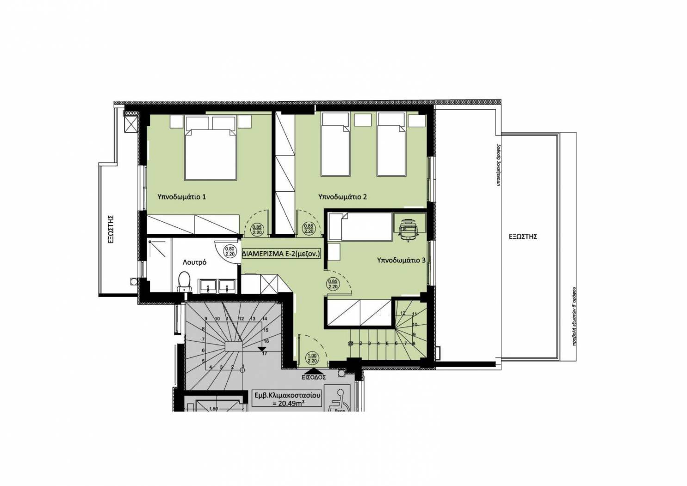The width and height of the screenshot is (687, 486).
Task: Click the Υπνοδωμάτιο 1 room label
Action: pos(182,197)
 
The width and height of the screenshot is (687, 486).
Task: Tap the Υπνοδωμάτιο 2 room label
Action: pos(343,197)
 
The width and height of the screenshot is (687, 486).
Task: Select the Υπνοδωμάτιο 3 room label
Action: pos(401,260)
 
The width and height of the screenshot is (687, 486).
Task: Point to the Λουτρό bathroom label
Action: pos(194,262)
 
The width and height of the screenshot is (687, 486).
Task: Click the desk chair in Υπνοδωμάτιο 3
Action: pos(408,230)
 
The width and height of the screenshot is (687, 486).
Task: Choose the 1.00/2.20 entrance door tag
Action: pos(312,358)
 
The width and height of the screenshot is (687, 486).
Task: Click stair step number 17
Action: pos(264,354)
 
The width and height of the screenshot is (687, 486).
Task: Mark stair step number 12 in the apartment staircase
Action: pos(402,314)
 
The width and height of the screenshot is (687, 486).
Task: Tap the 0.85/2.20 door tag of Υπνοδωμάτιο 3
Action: pos(332,284)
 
